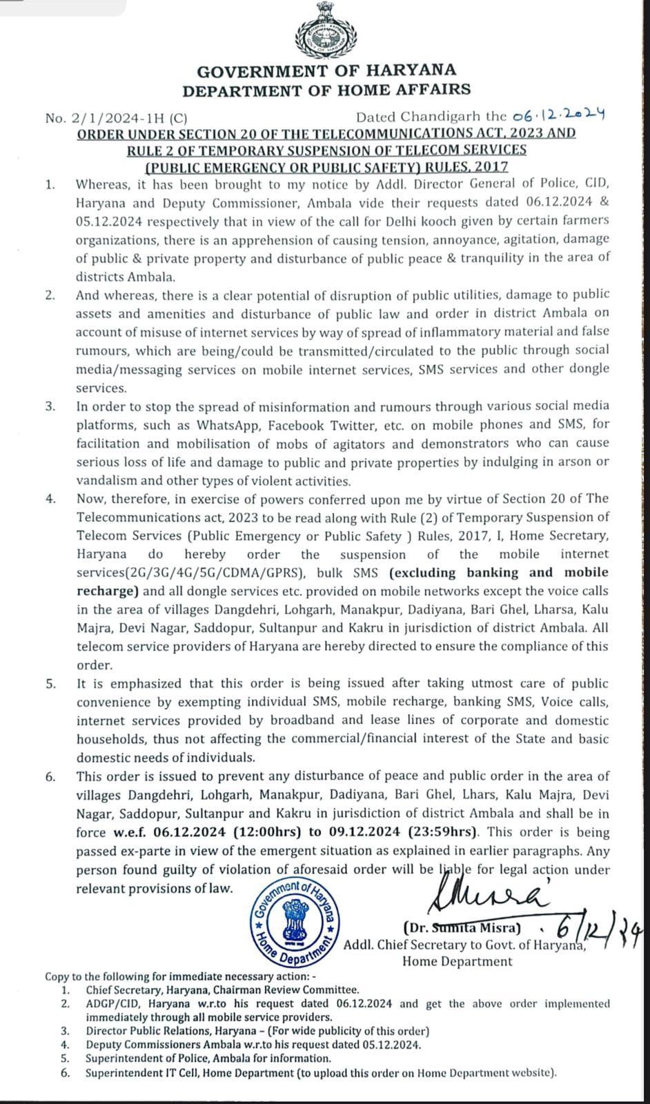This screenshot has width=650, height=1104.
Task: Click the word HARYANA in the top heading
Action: coord(411,70)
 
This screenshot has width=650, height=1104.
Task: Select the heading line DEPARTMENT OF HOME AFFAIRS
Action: coord(326,89)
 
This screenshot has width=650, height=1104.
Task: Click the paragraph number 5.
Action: coord(50,684)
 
